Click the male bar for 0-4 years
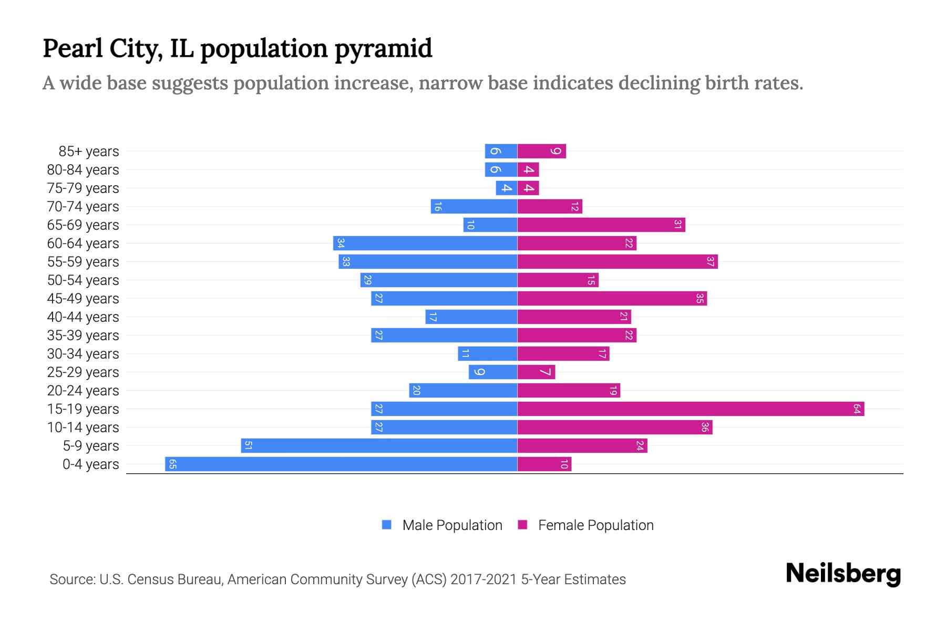342,464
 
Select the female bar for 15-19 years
691,409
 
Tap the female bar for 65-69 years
601,225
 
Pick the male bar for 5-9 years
379,445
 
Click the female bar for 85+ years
541,151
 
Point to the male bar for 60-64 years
425,243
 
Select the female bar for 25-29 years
536,372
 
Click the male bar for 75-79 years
507,188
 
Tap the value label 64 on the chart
857,409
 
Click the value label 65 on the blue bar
172,464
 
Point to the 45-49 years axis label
83,298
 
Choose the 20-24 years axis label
83,390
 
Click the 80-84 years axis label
83,169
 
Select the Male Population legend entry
451,525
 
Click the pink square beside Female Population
522,525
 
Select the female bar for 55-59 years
618,261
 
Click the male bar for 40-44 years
471,317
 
